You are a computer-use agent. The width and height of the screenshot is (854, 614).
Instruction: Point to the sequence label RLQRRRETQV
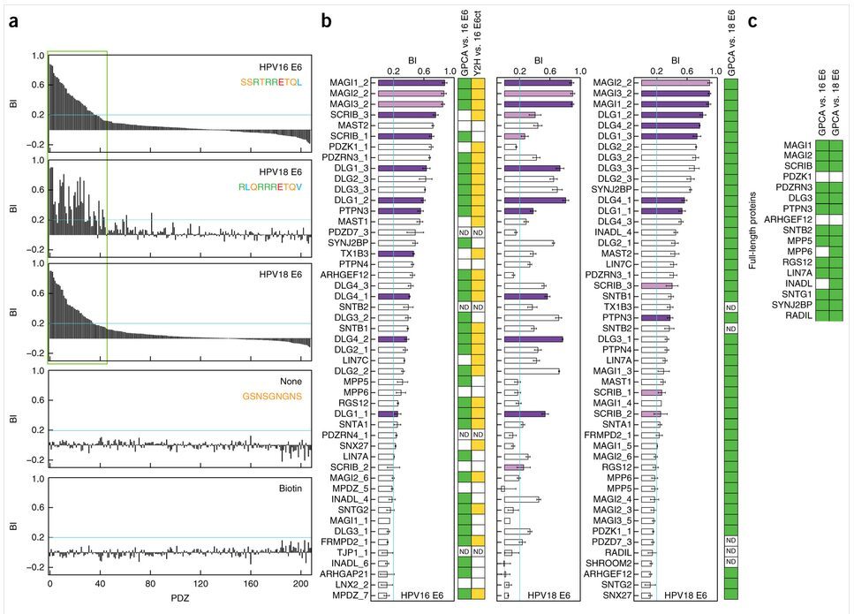[276, 187]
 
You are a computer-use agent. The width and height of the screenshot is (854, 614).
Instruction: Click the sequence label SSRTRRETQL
[275, 82]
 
